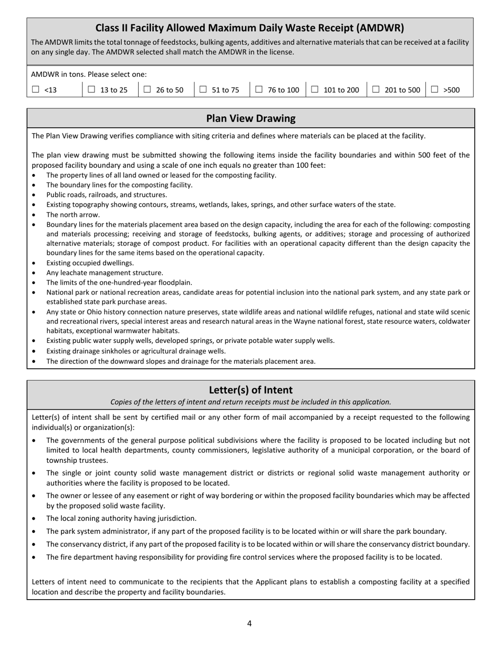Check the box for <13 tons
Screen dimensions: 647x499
tap(36, 89)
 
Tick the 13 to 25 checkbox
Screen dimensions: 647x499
tap(91, 89)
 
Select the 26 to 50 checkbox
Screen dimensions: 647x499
tap(147, 89)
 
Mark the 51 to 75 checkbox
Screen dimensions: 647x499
tap(203, 89)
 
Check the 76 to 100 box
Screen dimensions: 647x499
tap(259, 89)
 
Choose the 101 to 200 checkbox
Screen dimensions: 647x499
tap(315, 89)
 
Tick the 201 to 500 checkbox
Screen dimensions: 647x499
tap(376, 89)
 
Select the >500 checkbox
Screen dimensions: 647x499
tap(434, 89)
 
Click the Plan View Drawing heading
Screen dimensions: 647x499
tap(251, 118)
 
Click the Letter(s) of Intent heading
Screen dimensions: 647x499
tap(251, 390)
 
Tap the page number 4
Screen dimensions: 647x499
tap(250, 624)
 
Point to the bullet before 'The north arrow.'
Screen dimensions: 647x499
tap(34, 215)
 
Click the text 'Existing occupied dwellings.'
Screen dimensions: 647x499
tap(90, 263)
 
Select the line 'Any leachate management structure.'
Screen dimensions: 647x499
tap(105, 272)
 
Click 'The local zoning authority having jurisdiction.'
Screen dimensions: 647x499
tap(121, 518)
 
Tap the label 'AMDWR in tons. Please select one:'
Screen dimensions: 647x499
tap(89, 74)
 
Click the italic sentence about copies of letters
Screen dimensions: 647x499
tap(251, 402)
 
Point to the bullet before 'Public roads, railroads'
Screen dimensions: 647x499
tap(34, 195)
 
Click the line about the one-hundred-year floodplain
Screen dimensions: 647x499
tap(119, 282)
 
